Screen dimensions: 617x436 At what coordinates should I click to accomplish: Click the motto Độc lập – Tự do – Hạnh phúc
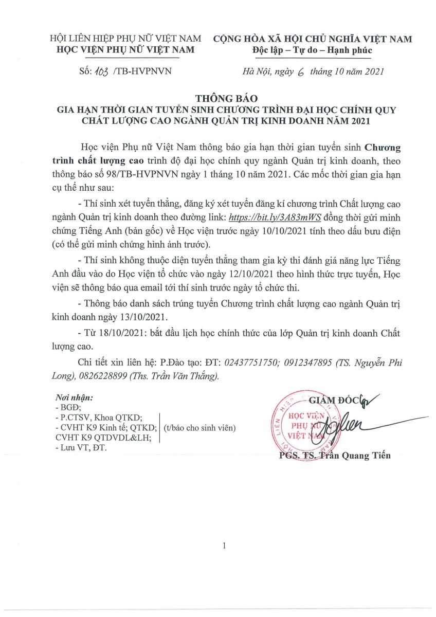coord(312,50)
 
